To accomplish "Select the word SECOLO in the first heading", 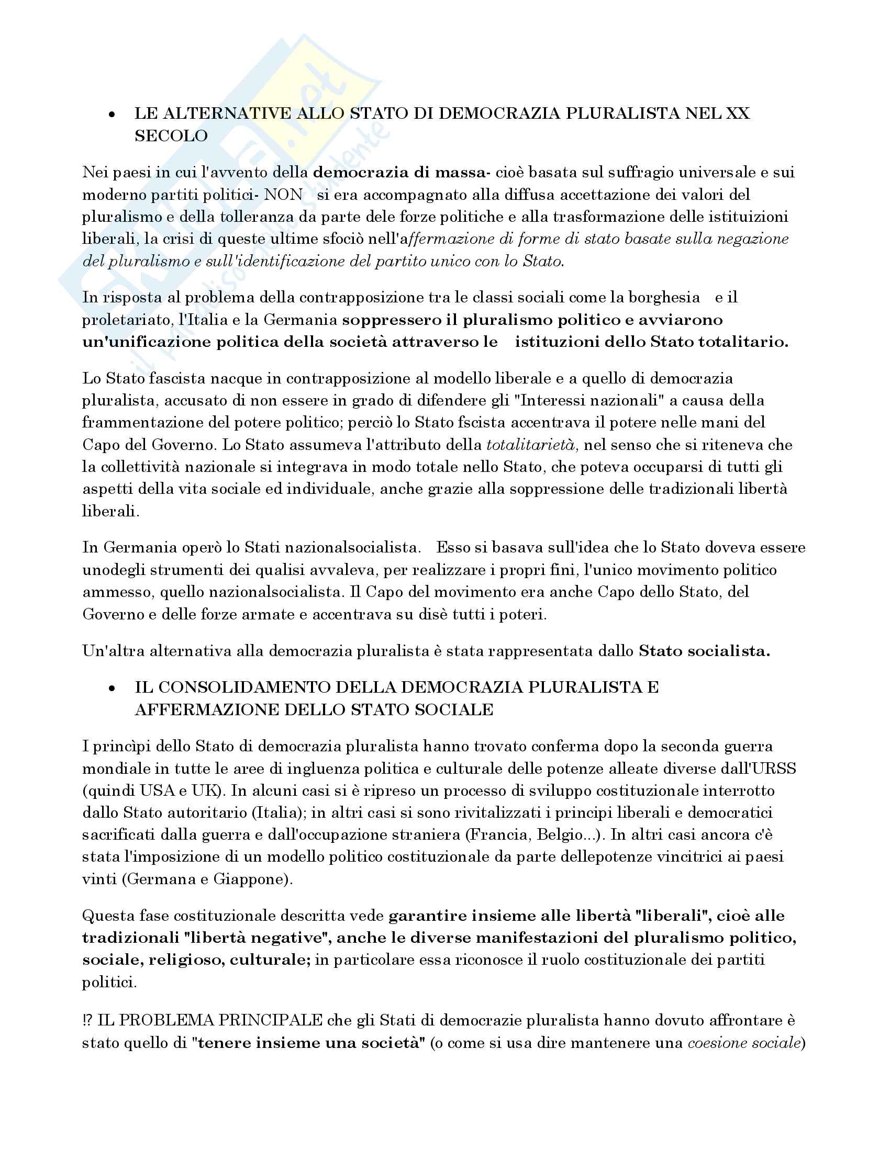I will click(171, 136).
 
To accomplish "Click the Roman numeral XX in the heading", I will click(738, 114).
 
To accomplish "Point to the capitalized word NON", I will click(283, 195).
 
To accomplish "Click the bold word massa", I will click(462, 172).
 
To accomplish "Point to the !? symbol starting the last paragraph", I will click(87, 1020).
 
